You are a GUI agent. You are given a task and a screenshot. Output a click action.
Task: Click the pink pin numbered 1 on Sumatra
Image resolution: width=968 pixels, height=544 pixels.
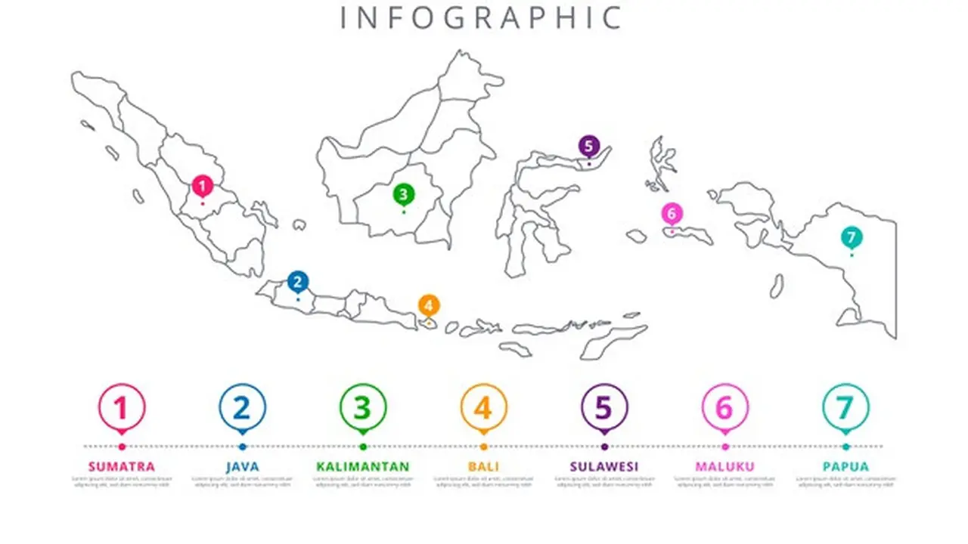tap(202, 185)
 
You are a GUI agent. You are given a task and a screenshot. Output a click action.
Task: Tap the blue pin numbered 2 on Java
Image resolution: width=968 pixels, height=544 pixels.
tap(298, 282)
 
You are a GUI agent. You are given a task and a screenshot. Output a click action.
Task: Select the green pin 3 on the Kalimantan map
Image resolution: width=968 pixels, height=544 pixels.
tap(403, 194)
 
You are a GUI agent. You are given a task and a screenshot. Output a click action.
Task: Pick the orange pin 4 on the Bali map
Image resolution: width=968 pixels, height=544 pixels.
tap(429, 305)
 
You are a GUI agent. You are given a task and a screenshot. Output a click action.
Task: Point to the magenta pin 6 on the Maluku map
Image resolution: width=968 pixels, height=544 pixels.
tap(672, 213)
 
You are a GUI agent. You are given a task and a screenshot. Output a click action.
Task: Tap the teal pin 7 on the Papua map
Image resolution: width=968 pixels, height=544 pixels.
tap(851, 237)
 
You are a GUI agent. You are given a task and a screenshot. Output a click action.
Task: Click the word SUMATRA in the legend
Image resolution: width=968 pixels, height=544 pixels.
tap(121, 466)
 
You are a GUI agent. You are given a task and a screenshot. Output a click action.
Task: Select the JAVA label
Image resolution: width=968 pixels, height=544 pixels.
tap(242, 466)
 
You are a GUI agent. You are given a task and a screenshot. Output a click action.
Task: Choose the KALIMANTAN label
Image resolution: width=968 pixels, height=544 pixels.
tap(363, 466)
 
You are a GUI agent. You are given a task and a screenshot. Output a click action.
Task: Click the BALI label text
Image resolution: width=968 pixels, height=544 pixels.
tap(483, 466)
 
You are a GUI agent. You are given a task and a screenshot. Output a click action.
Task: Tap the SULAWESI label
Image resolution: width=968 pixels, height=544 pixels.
tap(603, 466)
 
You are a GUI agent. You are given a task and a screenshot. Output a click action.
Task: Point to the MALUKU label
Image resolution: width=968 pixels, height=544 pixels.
tap(724, 466)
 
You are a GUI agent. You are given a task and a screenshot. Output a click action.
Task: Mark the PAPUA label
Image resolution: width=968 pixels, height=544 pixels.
tap(845, 466)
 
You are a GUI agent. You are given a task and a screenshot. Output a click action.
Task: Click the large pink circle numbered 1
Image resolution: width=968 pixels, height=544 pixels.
tap(121, 408)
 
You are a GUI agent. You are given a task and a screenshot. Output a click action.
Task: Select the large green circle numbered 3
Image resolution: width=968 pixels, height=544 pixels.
tap(363, 408)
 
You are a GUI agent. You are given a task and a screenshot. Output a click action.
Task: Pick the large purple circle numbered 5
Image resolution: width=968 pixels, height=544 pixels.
tap(603, 408)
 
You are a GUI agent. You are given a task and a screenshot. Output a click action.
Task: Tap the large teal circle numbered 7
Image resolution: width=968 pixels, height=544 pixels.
tap(845, 408)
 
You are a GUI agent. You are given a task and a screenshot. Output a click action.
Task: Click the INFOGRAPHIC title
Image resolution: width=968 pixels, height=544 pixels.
tap(481, 17)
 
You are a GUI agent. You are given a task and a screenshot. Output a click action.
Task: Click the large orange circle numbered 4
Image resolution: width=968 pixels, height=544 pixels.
tap(483, 408)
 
